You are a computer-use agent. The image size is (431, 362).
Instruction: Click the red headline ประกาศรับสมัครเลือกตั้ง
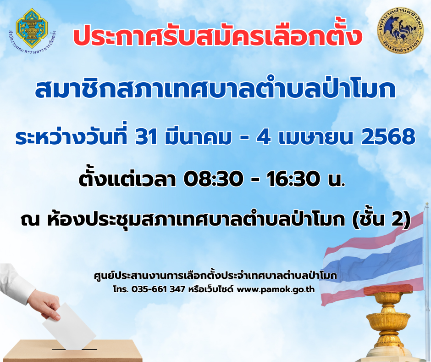(218, 36)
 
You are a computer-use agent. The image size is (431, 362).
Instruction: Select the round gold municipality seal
(400, 30)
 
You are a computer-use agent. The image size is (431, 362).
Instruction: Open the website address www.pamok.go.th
(276, 289)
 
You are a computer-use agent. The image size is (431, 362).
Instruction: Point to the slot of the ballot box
(74, 350)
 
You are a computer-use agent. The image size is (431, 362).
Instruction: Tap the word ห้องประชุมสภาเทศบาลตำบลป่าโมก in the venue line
(196, 220)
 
